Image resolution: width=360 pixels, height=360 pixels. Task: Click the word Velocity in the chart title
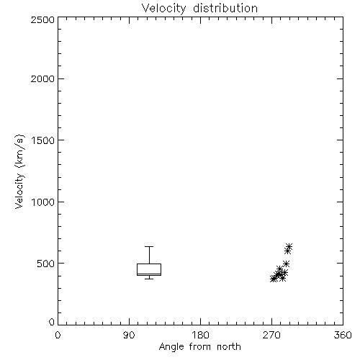(164, 9)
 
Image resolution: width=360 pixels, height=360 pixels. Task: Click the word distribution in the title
(225, 8)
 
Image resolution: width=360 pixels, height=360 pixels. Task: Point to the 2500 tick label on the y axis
(42, 19)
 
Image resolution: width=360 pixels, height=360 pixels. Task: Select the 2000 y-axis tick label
(42, 79)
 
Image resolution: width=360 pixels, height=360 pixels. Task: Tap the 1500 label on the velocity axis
(43, 140)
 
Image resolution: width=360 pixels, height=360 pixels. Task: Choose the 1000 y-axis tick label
(43, 202)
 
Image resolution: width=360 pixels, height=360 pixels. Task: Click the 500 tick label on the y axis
(46, 264)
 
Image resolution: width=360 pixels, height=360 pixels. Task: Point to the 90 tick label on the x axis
(129, 335)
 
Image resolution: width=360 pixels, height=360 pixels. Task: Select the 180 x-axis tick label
(200, 335)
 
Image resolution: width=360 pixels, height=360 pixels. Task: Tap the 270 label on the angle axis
(271, 335)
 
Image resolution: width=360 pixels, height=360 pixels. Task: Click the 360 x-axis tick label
(343, 335)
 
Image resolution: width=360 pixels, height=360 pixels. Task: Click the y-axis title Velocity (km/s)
(19, 172)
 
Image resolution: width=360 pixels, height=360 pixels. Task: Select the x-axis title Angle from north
(200, 347)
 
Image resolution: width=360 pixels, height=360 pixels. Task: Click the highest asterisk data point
(289, 246)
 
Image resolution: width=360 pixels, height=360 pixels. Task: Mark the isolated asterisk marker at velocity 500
(286, 264)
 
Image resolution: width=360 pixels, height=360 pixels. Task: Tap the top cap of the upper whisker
(149, 246)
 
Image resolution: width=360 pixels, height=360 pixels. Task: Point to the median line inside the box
(149, 274)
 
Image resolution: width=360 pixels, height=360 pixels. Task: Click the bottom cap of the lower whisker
(149, 279)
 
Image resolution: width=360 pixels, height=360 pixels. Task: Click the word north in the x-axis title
(229, 347)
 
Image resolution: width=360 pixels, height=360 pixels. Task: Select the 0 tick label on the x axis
(58, 335)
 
